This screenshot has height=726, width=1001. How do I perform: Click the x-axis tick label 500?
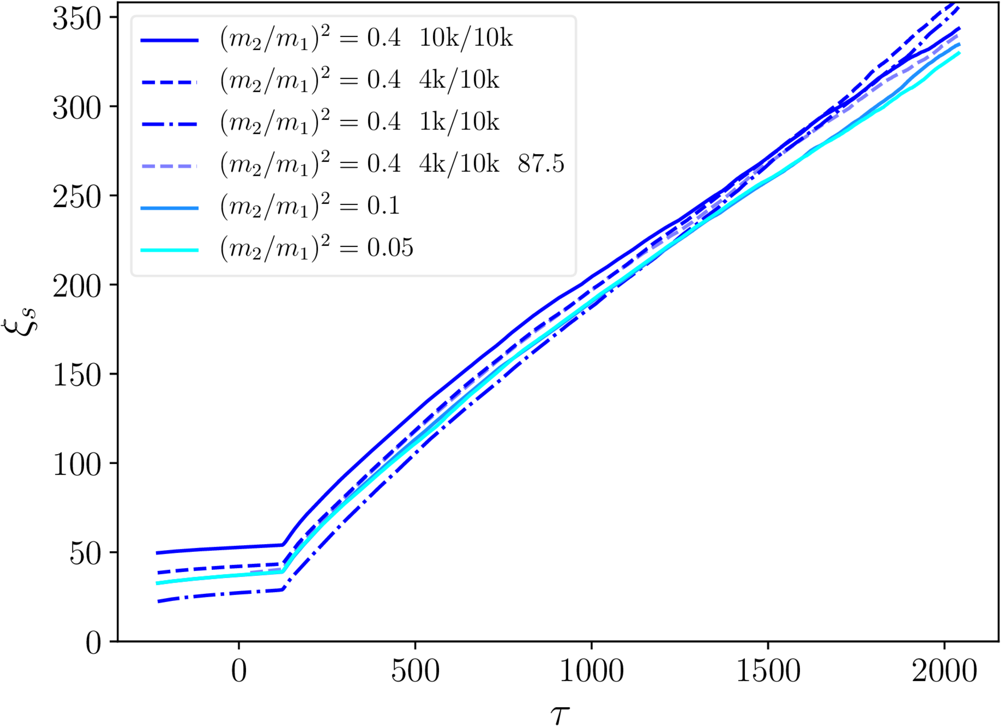(x=415, y=671)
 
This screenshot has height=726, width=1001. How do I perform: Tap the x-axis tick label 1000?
(x=591, y=671)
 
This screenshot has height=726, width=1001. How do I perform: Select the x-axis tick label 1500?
(x=768, y=671)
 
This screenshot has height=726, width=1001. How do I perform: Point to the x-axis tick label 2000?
(x=944, y=671)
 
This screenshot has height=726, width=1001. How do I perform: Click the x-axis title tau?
(x=560, y=713)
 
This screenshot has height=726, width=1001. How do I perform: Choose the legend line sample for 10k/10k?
(x=170, y=41)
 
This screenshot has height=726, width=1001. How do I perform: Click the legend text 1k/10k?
(x=459, y=122)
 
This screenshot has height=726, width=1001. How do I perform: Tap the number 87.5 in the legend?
(x=541, y=164)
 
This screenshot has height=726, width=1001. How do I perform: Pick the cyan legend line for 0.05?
(x=170, y=250)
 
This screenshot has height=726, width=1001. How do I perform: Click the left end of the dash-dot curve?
(x=158, y=602)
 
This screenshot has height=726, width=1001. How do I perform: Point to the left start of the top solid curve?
(x=157, y=553)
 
